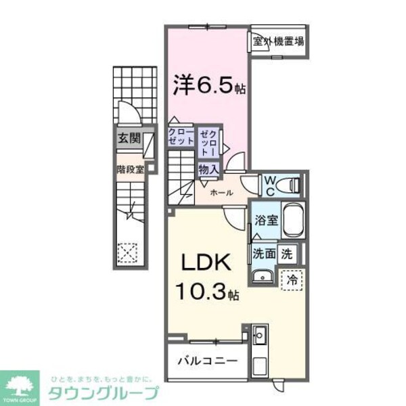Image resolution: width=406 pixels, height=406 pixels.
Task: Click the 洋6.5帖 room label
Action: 207,86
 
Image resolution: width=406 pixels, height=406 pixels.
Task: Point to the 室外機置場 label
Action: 278,42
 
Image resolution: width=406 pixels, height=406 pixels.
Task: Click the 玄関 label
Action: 128,139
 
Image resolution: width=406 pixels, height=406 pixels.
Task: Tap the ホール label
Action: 222,193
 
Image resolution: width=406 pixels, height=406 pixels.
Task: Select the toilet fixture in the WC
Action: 291,184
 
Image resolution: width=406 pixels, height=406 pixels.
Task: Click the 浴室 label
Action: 265,220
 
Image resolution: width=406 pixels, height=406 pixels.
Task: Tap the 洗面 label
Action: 264,254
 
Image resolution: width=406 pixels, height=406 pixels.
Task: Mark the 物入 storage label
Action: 208,170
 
